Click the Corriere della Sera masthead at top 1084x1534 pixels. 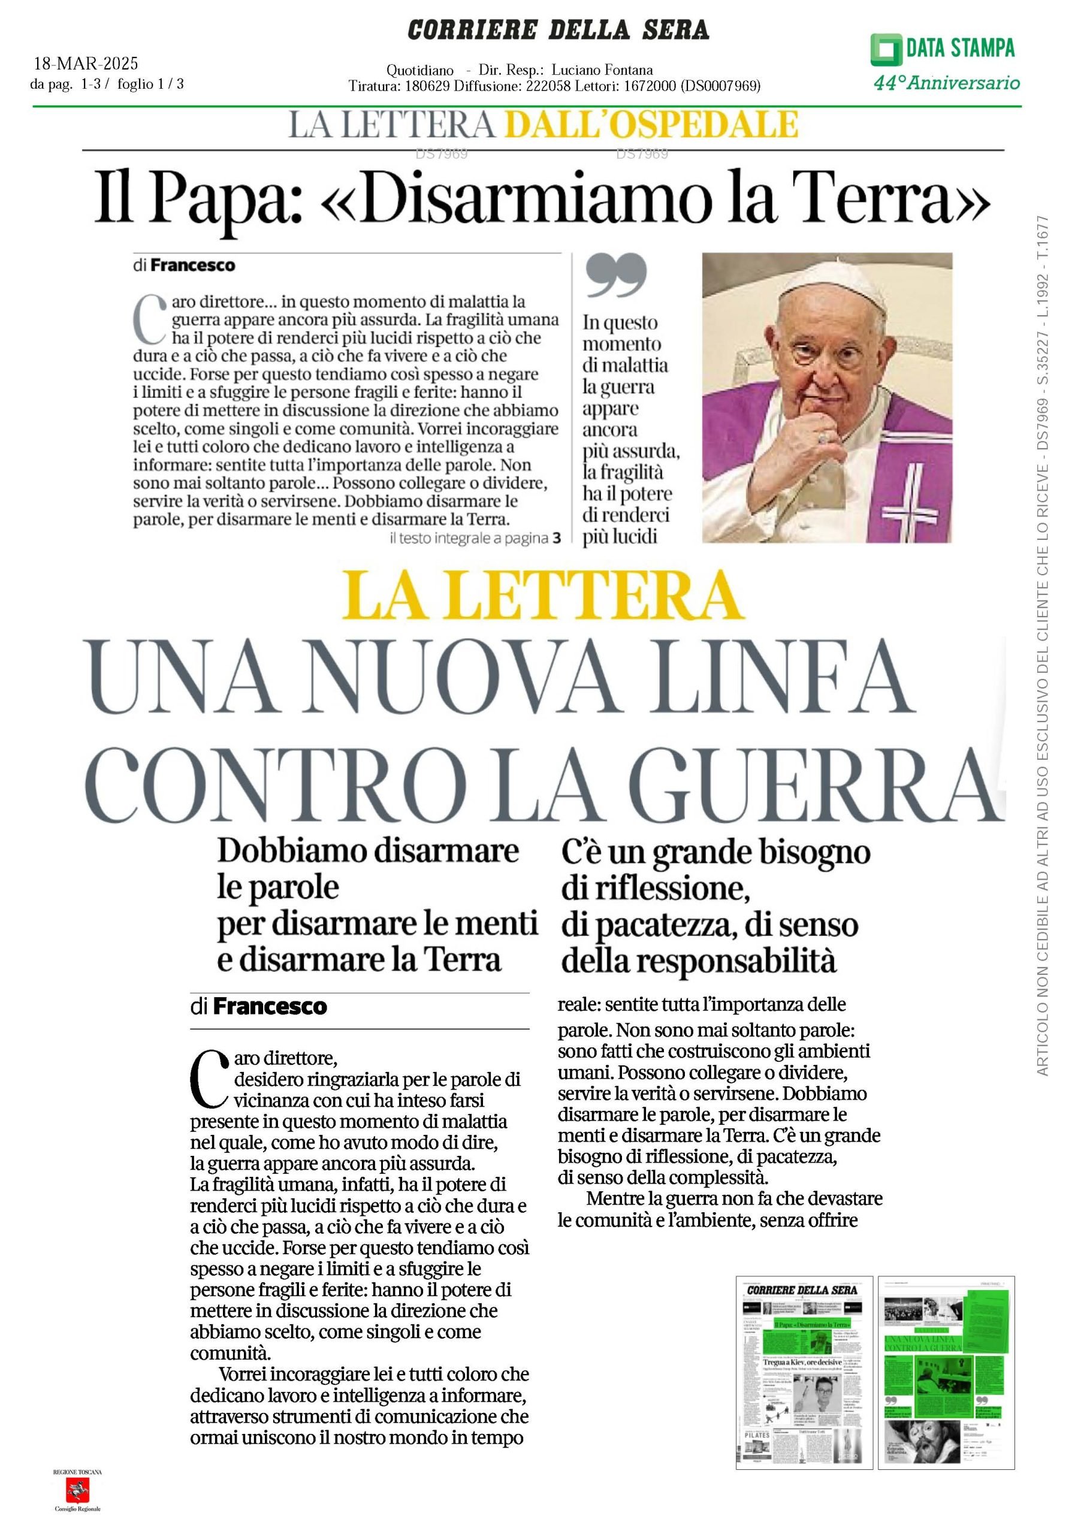(557, 30)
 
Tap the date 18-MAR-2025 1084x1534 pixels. (86, 64)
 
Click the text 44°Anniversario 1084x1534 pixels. (946, 83)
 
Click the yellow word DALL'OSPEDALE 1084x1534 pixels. (651, 124)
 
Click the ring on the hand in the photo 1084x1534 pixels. (823, 437)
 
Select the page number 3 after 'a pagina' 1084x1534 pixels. (557, 538)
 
